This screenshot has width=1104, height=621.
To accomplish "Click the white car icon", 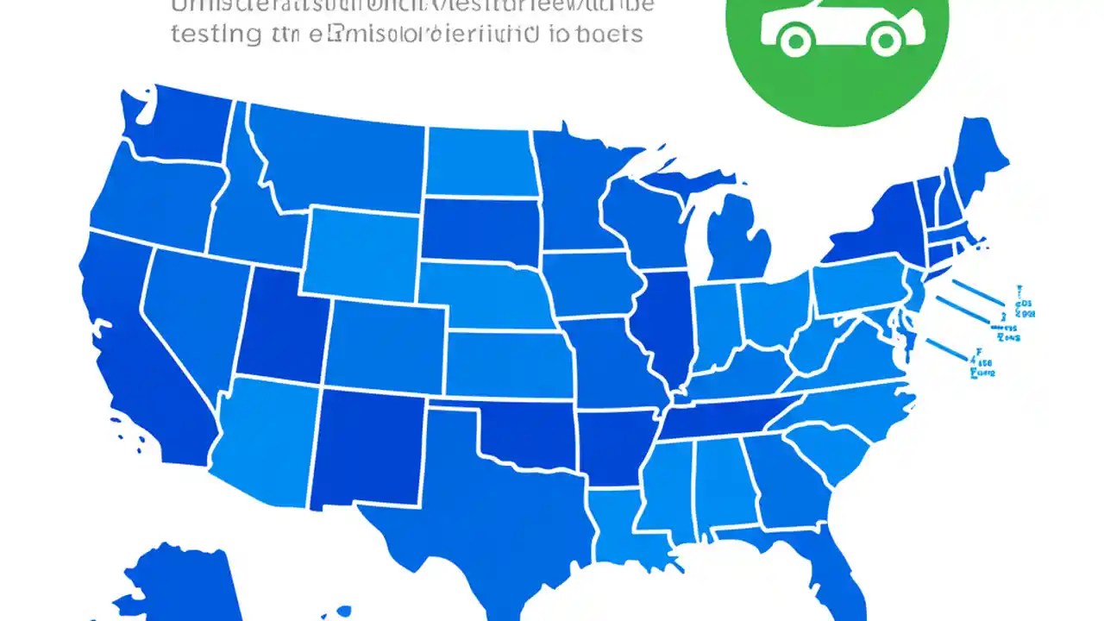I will (x=837, y=26).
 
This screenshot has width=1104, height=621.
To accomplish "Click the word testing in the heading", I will (x=216, y=34).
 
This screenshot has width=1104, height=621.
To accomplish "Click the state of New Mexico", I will (x=367, y=448).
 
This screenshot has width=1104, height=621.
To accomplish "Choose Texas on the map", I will (x=483, y=500).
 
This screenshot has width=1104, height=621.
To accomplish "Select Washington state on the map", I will (x=177, y=129).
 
